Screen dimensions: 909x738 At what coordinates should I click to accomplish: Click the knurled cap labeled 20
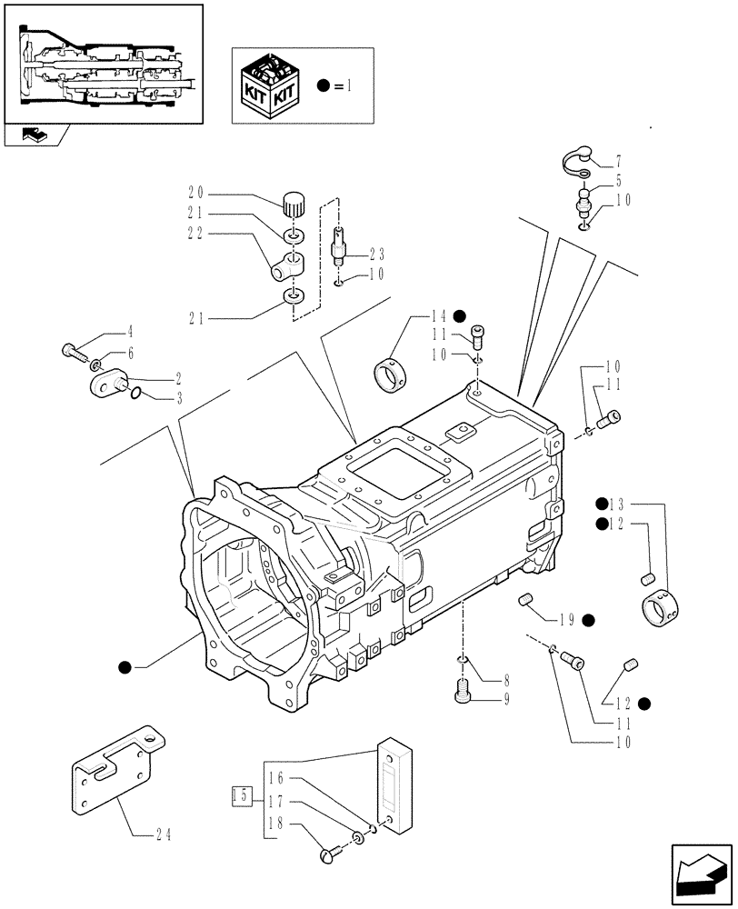pyautogui.click(x=293, y=205)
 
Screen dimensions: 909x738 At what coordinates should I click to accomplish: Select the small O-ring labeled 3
pyautogui.click(x=135, y=394)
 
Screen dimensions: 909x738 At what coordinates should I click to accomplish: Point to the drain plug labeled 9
pyautogui.click(x=462, y=694)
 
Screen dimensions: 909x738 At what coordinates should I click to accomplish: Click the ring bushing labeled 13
pyautogui.click(x=665, y=608)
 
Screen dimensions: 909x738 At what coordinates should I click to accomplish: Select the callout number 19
pyautogui.click(x=566, y=620)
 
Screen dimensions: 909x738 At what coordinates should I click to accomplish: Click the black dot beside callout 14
pyautogui.click(x=459, y=316)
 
